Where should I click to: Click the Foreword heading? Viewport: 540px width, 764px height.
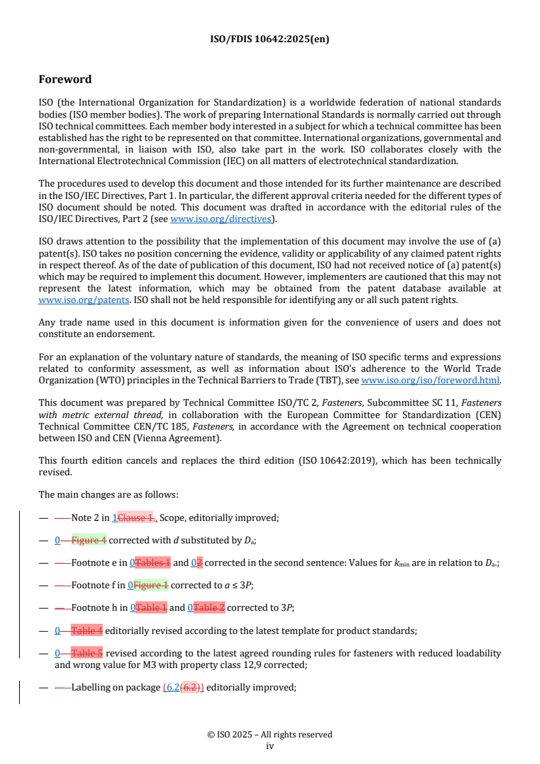[x=65, y=79]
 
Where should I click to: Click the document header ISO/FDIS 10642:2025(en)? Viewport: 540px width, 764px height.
[x=270, y=39]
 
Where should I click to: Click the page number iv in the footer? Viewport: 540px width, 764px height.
[x=270, y=746]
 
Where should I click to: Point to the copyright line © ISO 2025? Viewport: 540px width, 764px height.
[x=270, y=734]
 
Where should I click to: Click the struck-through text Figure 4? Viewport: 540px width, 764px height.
[x=89, y=541]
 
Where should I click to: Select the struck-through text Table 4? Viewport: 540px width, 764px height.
[x=87, y=631]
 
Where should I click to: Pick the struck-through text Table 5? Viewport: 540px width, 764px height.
[x=87, y=653]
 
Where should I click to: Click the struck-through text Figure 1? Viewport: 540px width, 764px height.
[x=150, y=586]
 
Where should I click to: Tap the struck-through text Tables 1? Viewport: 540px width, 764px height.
[x=153, y=563]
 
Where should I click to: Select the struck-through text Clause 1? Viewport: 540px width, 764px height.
[x=136, y=518]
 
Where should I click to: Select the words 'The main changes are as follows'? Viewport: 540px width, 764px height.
[x=108, y=495]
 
